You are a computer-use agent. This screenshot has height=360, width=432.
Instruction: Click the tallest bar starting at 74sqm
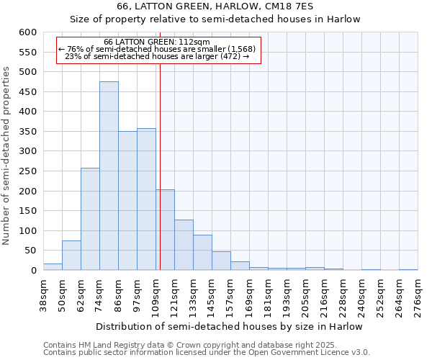109,176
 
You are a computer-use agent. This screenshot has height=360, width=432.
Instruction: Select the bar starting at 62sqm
90,219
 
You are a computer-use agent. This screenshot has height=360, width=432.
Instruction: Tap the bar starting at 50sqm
71,256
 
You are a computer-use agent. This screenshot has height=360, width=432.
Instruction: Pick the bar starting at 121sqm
184,245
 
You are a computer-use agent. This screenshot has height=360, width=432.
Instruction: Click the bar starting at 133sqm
202,253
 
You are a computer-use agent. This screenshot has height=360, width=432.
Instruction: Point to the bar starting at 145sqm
221,261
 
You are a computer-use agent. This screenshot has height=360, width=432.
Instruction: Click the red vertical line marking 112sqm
160,166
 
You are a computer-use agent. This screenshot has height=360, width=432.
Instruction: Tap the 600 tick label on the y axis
27,32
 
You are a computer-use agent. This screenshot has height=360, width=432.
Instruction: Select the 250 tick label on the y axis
27,171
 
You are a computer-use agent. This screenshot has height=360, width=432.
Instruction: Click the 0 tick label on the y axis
33,271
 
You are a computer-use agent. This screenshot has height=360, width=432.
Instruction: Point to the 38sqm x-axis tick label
43,294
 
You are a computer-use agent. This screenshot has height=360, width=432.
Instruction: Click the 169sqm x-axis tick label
249,294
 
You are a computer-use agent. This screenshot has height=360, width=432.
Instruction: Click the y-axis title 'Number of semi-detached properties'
7,156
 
